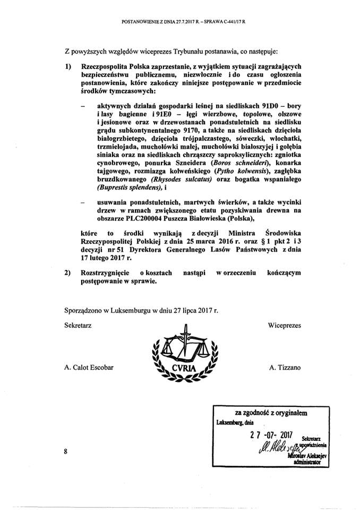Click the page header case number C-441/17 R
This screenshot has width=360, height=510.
click(x=230, y=22)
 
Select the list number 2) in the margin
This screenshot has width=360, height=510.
click(x=68, y=273)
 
